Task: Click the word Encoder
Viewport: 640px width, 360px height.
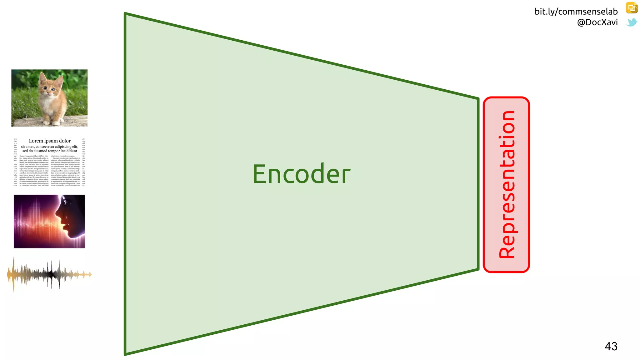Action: [x=301, y=174]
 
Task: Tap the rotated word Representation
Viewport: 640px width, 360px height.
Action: [x=507, y=184]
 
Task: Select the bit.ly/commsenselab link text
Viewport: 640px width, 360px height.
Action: [x=576, y=12]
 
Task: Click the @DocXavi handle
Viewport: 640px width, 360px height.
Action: [x=597, y=22]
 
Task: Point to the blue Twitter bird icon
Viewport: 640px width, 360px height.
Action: [x=632, y=22]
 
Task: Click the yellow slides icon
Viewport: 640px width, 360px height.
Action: [x=632, y=8]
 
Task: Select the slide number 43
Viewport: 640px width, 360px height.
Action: [x=611, y=346]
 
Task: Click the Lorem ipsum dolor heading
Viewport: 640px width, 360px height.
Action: [x=50, y=141]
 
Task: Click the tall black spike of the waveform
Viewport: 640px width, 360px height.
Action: [x=51, y=274]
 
